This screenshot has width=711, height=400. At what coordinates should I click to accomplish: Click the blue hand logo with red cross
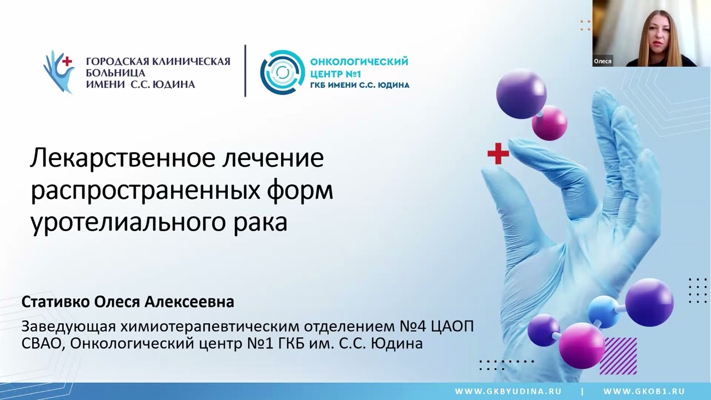coord(59,72)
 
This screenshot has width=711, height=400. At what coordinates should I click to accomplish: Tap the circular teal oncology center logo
coord(283,72)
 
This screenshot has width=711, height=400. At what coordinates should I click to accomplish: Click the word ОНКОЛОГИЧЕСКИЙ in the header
coord(359,61)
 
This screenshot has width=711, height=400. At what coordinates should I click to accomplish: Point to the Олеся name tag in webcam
coord(603,61)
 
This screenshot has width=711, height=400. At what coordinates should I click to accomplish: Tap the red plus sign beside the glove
coord(498,154)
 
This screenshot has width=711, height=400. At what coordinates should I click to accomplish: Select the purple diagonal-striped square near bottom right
coord(618,356)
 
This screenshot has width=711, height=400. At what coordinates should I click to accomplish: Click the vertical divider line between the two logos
coord(245,71)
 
